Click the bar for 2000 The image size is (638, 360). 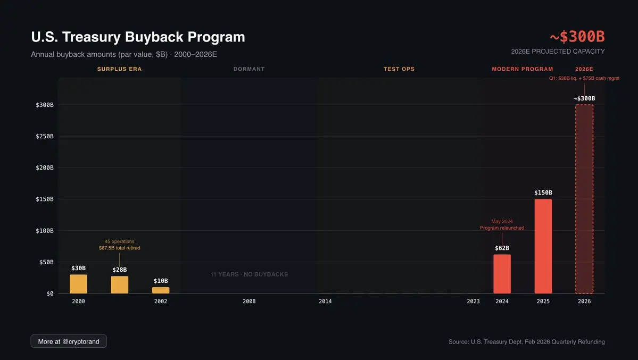78,284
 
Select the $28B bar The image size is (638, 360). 120,284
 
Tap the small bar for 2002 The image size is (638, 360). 161,290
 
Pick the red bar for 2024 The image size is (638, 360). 502,274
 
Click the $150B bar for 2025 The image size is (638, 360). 543,246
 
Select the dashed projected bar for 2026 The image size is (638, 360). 584,199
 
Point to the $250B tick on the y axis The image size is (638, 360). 45,136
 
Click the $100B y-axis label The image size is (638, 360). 45,231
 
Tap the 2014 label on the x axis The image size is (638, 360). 325,302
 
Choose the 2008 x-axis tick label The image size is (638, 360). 249,302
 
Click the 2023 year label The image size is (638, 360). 473,302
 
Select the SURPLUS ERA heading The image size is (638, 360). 119,69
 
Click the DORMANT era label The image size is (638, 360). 249,69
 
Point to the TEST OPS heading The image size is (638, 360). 399,69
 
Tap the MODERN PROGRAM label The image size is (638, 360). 522,69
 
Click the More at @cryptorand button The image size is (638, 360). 69,341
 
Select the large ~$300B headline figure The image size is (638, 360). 577,37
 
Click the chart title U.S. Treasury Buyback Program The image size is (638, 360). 138,37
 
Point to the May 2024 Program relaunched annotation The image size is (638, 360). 502,224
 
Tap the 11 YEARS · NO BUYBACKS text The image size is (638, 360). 249,274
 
